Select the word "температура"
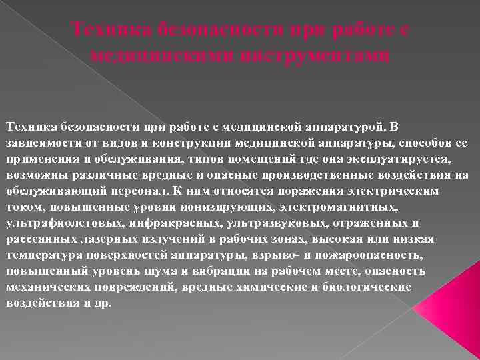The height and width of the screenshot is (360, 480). coord(41,254)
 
